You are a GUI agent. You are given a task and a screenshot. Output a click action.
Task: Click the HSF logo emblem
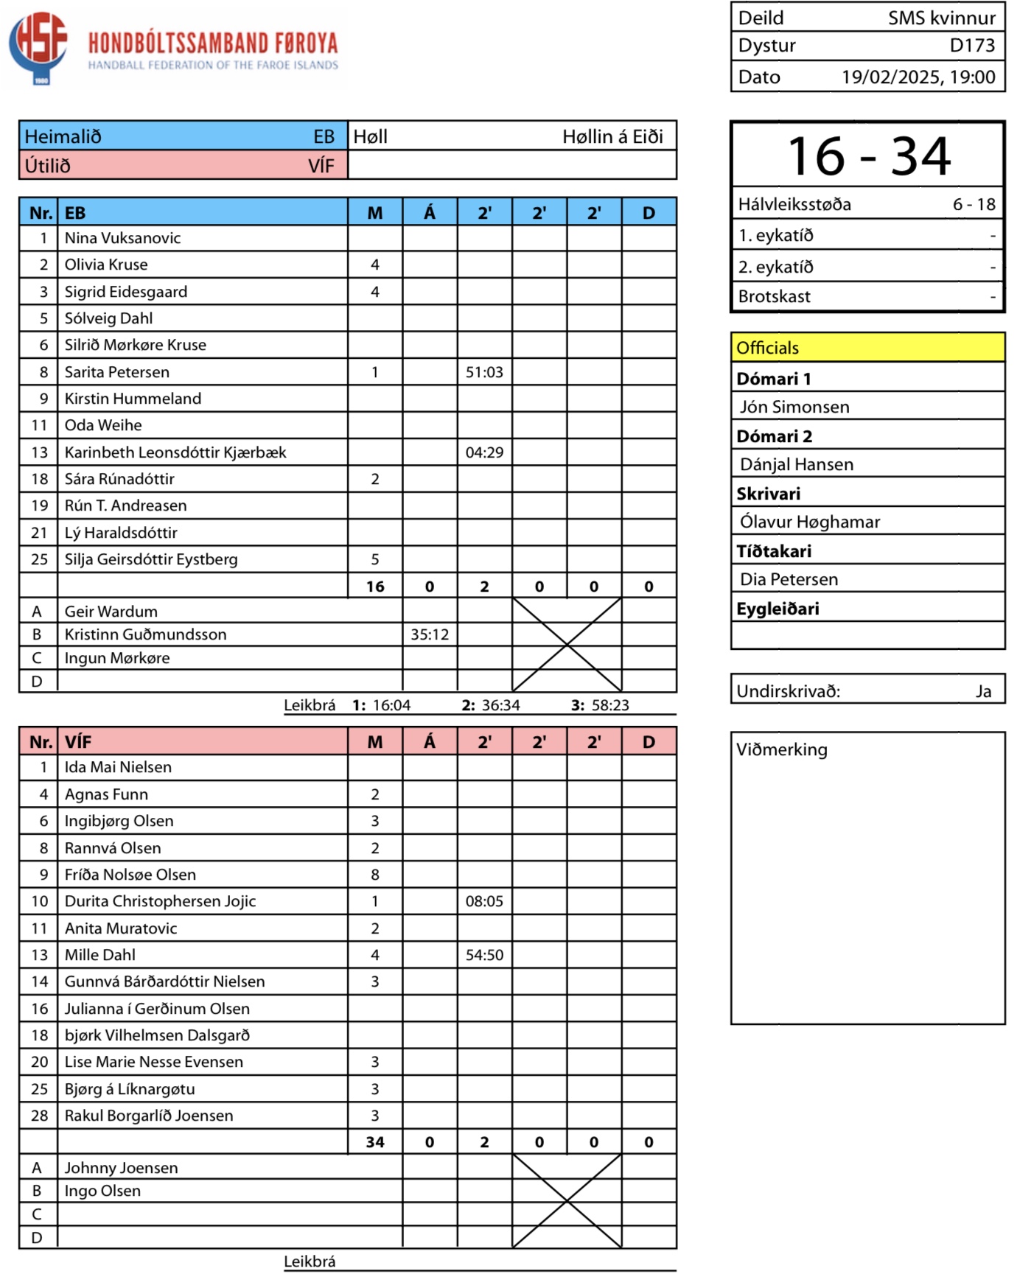pos(38,46)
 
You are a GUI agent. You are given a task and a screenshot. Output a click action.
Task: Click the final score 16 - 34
pos(868,156)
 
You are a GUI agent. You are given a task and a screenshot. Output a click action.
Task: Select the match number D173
pos(972,46)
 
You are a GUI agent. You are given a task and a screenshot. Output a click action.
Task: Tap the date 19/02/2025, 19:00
pos(918,77)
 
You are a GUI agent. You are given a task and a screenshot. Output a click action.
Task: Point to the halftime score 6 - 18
pos(974,204)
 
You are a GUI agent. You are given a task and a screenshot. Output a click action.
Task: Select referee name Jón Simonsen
pos(794,407)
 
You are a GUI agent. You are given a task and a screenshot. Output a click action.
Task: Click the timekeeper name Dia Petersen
pos(789,579)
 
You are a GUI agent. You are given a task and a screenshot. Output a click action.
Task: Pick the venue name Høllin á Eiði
pos(612,136)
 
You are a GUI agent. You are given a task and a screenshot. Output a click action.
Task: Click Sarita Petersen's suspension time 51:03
pos(484,372)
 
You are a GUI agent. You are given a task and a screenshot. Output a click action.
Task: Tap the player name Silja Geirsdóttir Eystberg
pos(151,559)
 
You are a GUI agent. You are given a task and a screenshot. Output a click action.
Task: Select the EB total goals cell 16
pos(375,587)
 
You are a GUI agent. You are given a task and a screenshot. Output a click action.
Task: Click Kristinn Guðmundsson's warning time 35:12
pos(430,634)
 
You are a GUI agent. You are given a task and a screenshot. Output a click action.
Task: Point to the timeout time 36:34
pos(500,705)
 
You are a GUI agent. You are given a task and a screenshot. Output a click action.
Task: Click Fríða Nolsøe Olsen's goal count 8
pos(375,875)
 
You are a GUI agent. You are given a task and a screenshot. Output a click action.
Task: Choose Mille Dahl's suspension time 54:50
pos(484,955)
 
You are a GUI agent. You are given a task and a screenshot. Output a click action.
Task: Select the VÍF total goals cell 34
pos(375,1142)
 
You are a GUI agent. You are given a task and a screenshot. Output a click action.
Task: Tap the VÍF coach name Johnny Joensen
pos(122,1168)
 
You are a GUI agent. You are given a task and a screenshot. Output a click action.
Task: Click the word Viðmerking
pos(782,749)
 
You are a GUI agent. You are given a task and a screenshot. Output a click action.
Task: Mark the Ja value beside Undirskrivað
pos(983,691)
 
